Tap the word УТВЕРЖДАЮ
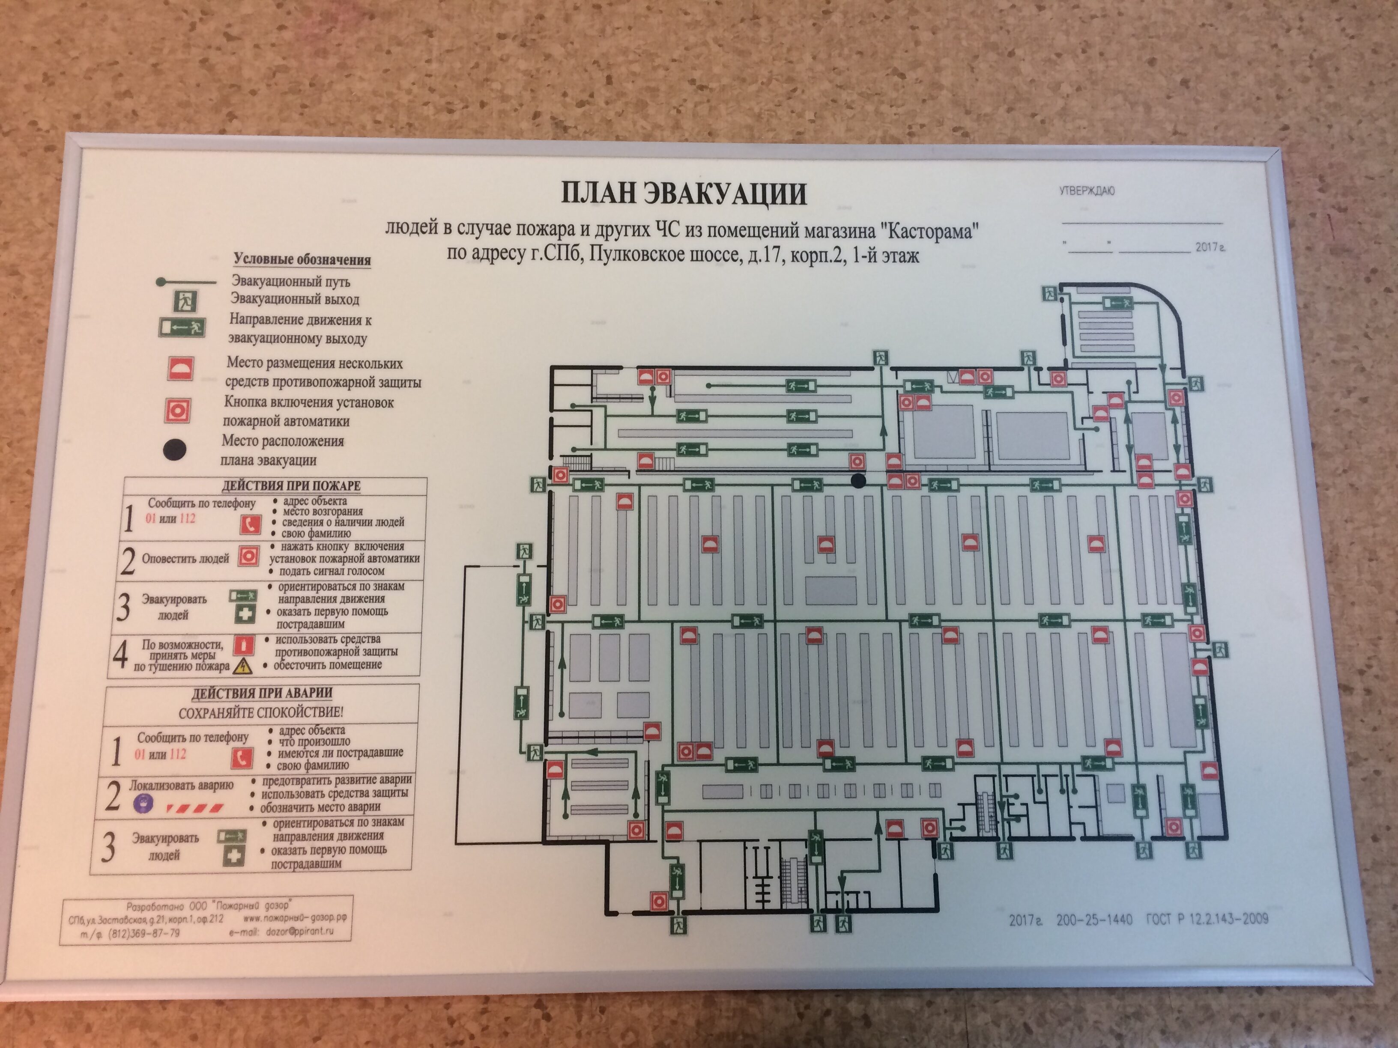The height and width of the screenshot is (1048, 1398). (x=1087, y=191)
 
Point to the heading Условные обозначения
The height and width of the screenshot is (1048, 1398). (x=302, y=259)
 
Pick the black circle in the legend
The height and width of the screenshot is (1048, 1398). (x=174, y=450)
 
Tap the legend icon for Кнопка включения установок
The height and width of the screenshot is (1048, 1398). (x=178, y=411)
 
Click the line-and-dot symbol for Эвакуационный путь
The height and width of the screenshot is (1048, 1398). (x=186, y=282)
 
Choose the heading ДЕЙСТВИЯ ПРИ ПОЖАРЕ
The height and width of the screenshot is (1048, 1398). (x=291, y=486)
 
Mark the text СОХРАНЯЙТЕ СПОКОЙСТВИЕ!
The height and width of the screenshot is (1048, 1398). (x=261, y=712)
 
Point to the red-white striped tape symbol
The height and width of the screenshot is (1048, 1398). (x=194, y=807)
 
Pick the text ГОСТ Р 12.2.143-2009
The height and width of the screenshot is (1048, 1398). (x=1207, y=919)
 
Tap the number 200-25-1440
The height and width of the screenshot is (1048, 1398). (x=1094, y=920)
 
